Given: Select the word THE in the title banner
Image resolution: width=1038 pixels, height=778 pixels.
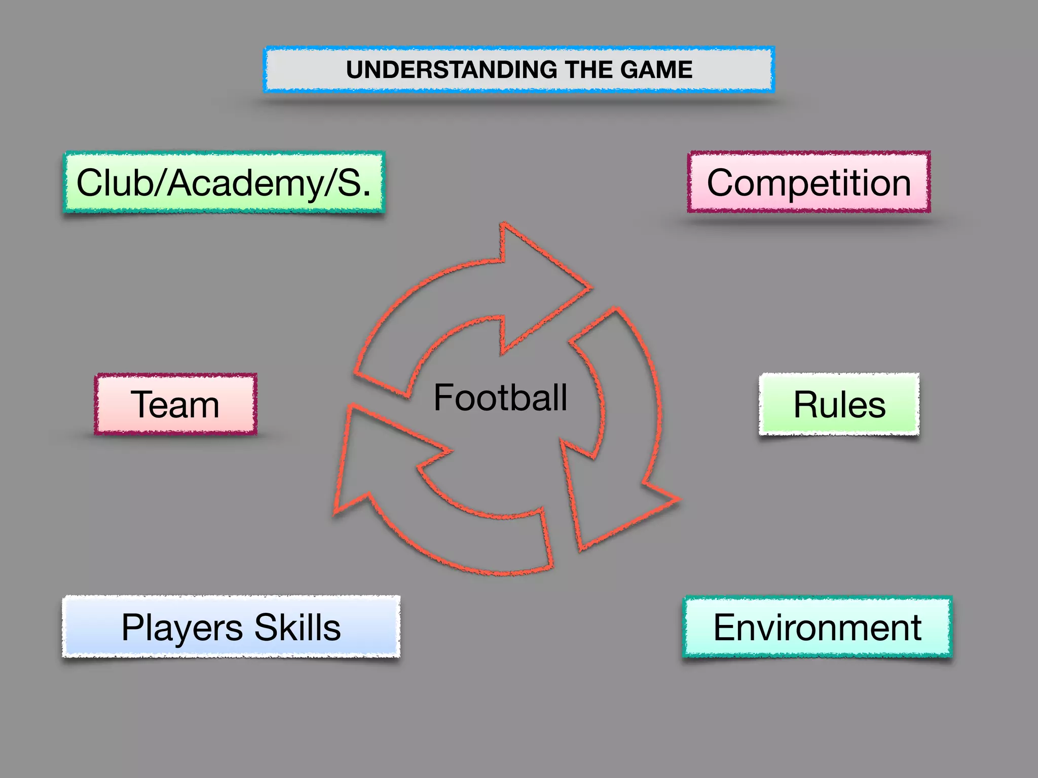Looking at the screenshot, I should coord(588,70).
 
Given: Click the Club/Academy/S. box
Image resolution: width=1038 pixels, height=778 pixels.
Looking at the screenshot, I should coord(224,183).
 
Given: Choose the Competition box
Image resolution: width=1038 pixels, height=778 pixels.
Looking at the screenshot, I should coord(809,182).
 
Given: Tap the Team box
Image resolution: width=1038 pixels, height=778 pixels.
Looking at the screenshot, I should coord(175,405).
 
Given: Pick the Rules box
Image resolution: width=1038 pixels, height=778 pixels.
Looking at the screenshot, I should coord(839,405).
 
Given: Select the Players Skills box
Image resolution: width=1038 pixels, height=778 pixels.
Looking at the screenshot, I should coord(231,627).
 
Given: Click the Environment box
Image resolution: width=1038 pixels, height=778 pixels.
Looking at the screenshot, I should coord(817,627).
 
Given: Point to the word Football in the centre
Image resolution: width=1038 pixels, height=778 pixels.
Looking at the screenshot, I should coord(500,398).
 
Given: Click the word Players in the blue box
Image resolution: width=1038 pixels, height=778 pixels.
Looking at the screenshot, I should coord(182,628).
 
